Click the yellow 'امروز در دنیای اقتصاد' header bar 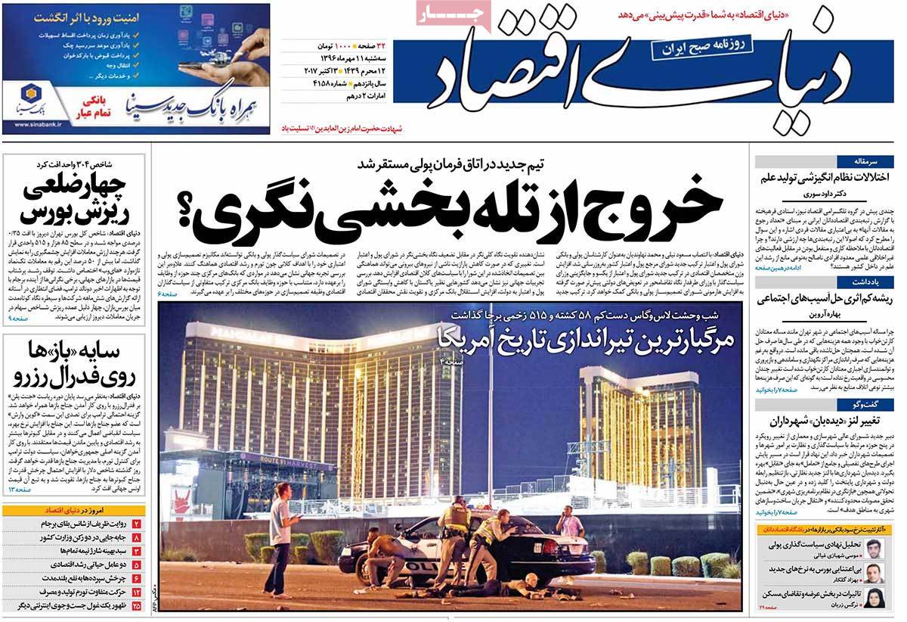pos(73,510)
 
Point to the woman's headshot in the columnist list pos(873,597)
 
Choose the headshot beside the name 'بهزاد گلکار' pos(873,572)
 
